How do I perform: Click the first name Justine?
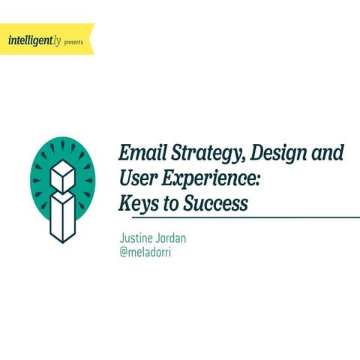point(137,238)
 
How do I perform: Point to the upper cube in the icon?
point(63,175)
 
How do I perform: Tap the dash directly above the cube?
point(63,145)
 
